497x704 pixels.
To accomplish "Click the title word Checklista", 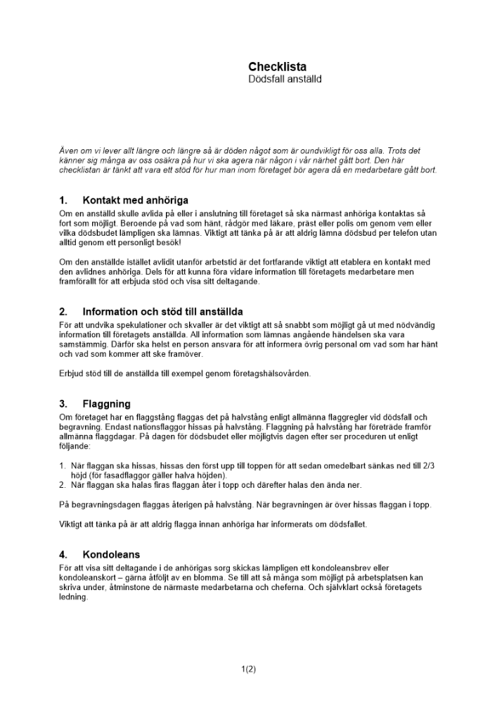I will coord(277,67).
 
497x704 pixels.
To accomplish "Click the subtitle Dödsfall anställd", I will coord(285,80).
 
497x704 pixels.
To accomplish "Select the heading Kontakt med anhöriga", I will coord(135,201).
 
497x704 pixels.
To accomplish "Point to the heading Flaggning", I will coord(106,404).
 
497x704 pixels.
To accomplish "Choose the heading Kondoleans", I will coord(111,555).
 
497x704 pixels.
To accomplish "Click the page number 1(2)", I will coord(248,670).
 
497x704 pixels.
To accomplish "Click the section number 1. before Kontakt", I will coord(63,201).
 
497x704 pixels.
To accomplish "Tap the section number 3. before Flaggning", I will coord(63,404).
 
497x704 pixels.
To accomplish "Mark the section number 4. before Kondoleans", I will coord(63,555).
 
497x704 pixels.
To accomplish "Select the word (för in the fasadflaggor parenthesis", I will coord(78,475).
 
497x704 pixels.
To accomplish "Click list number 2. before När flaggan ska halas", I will coord(63,485).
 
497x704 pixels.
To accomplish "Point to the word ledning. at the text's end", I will coord(74,597).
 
